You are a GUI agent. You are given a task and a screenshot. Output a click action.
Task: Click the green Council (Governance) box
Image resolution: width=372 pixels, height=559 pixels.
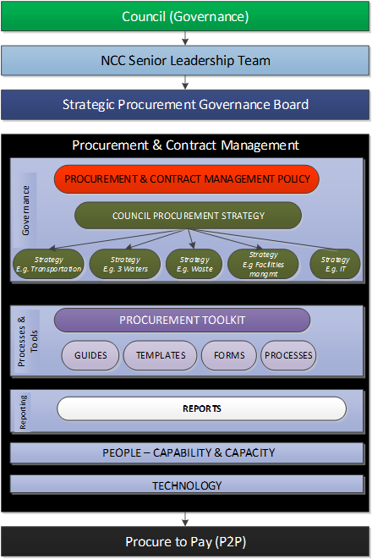(185, 16)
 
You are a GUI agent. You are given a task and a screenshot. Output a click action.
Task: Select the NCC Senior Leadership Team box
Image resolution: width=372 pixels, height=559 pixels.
(185, 61)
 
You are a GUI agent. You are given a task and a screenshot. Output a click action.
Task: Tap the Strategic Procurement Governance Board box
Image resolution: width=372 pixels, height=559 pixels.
(185, 105)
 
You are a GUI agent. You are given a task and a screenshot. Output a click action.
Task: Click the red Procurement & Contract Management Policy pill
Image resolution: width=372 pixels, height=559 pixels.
(186, 179)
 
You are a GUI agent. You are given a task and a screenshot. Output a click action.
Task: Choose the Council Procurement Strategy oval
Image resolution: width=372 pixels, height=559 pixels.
(189, 216)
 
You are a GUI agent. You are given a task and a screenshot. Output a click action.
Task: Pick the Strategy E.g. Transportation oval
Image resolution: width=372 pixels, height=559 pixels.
(48, 264)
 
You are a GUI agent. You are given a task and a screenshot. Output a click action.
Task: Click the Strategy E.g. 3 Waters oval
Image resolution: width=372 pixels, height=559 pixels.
(125, 264)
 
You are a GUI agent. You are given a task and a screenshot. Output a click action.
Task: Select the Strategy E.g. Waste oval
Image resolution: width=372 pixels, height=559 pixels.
(194, 264)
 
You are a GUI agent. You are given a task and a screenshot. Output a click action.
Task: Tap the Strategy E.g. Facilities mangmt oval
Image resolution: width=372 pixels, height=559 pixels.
(263, 264)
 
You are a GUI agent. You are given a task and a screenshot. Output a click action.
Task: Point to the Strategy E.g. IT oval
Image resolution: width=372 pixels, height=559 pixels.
(336, 264)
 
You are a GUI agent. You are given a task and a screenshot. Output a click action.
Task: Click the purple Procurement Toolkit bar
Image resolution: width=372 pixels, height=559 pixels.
(182, 321)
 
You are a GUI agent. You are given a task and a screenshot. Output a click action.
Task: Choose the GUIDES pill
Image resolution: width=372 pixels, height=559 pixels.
(90, 355)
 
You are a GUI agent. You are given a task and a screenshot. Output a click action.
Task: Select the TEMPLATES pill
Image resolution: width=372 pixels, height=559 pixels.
(161, 355)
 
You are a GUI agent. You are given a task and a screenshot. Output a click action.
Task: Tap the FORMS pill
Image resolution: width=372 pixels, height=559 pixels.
(229, 355)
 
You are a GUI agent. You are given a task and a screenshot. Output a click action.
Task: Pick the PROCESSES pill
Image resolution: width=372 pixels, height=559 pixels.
(288, 355)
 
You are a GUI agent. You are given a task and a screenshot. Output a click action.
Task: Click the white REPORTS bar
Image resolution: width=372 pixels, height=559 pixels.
(202, 408)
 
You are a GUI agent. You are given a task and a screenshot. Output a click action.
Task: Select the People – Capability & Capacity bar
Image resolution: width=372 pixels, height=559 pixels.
(187, 452)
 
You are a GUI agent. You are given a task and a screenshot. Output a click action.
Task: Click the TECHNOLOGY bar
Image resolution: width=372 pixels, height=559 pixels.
(187, 485)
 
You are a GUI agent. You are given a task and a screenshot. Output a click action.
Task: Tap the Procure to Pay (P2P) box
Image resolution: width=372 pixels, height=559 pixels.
(185, 542)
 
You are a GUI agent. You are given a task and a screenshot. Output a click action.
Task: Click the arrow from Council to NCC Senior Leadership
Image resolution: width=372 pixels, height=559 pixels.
(185, 39)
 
